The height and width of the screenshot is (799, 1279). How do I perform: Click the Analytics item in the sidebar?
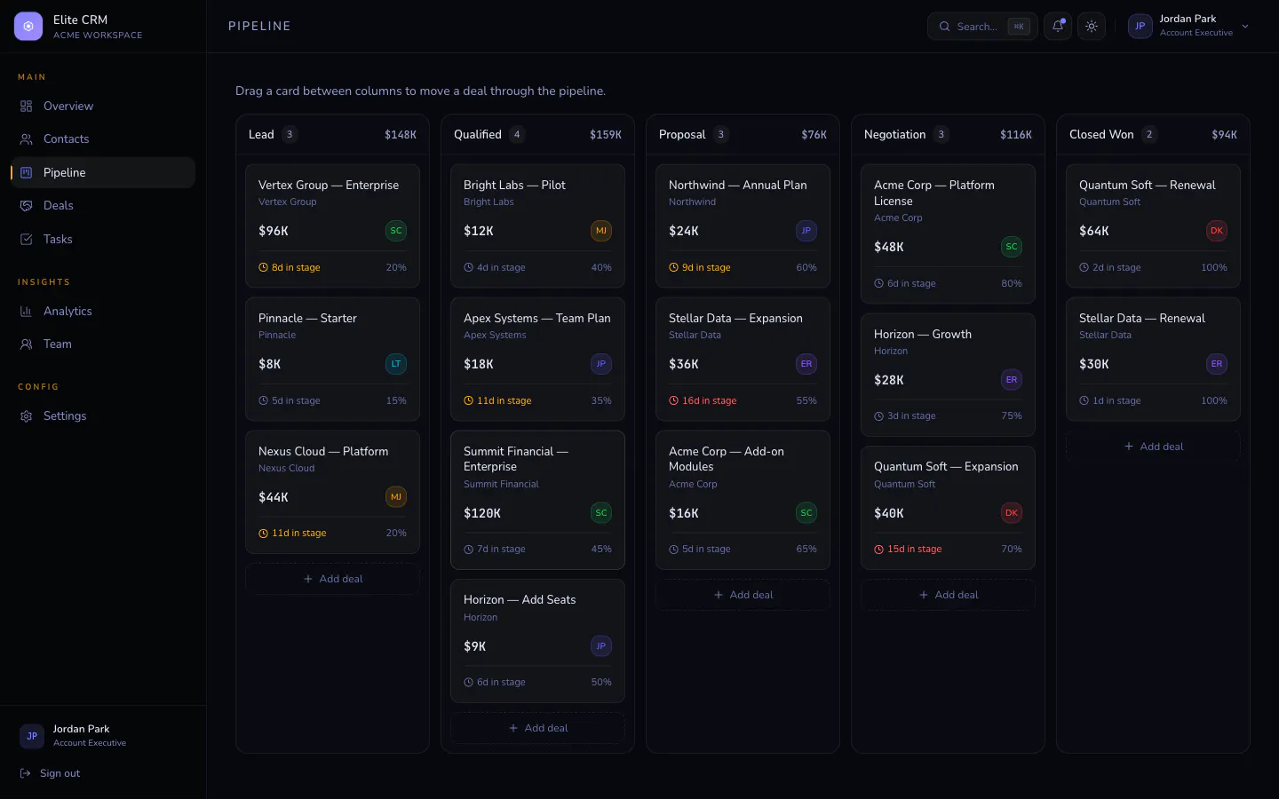pos(68,311)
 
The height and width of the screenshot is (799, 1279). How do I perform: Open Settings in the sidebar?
pos(65,416)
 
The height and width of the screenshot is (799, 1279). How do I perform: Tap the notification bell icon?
pos(1058,27)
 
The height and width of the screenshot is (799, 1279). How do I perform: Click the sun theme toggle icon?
pos(1091,27)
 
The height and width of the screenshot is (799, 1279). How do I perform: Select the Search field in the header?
pos(982,27)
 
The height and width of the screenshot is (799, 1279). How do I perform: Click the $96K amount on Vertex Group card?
pos(273,231)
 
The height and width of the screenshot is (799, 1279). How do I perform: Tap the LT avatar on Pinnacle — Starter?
pos(396,364)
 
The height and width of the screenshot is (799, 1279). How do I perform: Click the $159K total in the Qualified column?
pos(605,135)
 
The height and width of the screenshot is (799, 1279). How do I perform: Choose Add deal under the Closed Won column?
pos(1153,447)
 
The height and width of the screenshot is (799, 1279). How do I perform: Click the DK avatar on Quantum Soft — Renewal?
pos(1216,231)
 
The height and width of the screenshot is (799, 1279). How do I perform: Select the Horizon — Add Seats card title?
pos(520,600)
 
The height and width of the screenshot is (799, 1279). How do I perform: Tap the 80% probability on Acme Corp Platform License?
pos(1011,283)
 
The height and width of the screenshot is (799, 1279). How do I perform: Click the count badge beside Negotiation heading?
pos(941,135)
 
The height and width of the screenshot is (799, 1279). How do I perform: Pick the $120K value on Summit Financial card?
pos(482,513)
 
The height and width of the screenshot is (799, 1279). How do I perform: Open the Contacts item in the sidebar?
pos(67,138)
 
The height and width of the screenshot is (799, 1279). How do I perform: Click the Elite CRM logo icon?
pos(28,27)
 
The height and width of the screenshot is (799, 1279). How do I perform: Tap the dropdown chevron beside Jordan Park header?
pos(1245,27)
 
